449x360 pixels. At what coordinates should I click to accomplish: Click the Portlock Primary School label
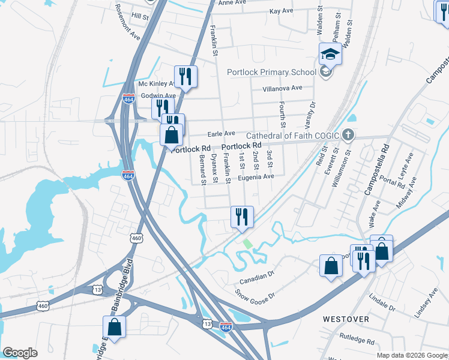[x=271, y=73]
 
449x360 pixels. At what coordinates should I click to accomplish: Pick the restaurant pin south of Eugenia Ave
[x=243, y=218]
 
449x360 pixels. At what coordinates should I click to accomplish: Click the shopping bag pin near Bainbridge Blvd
[x=114, y=328]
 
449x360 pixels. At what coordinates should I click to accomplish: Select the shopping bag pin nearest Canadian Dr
[x=331, y=266]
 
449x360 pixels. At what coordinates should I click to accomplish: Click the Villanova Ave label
[x=283, y=88]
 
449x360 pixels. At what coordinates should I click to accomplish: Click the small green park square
[x=248, y=244]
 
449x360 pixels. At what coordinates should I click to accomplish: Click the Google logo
[x=20, y=353]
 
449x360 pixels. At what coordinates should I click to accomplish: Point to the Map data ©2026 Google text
[x=411, y=355]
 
